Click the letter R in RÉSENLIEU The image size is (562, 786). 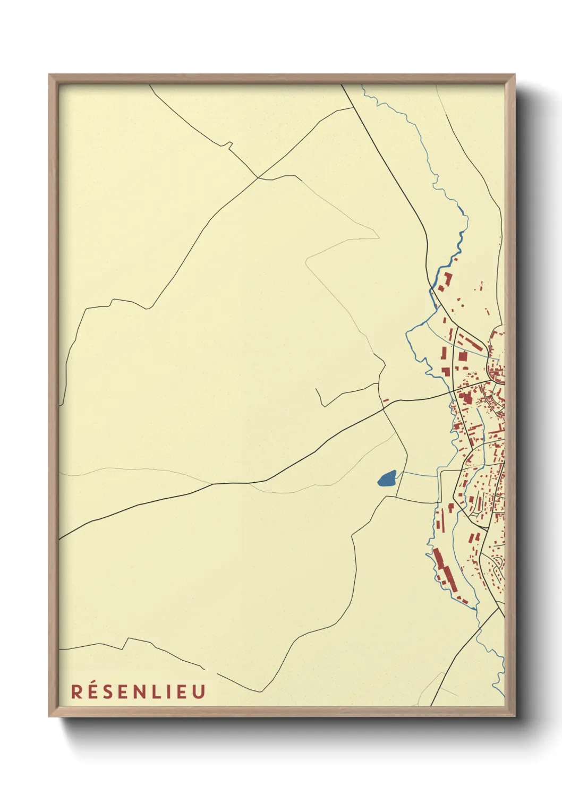tap(76, 692)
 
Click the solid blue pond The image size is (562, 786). tap(387, 479)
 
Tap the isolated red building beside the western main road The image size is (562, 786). tap(386, 400)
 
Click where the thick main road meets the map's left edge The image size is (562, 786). tap(59, 539)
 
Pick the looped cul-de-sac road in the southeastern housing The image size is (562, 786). tap(498, 568)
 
